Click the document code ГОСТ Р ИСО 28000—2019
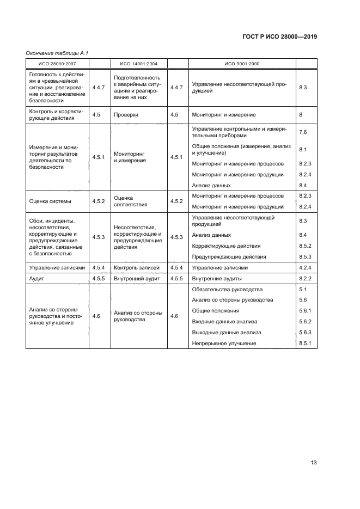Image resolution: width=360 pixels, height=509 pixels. [279, 37]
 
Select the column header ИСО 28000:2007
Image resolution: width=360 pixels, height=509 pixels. [57, 63]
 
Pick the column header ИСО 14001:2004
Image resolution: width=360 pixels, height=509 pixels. [138, 63]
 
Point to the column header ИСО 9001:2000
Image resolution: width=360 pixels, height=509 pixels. [242, 63]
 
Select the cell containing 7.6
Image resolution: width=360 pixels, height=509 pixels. [303, 132]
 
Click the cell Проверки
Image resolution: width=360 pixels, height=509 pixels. [126, 115]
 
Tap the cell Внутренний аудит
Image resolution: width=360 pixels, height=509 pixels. [137, 278]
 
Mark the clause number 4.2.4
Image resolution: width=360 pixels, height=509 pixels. [304, 267]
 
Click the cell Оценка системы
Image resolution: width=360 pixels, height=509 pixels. [50, 201]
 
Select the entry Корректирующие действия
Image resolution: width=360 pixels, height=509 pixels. [227, 246]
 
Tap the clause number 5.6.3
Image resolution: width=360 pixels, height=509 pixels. [304, 332]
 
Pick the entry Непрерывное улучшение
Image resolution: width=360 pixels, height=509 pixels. [224, 343]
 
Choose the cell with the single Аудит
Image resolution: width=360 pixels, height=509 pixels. [36, 278]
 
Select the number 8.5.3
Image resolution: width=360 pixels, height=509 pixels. [304, 256]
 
